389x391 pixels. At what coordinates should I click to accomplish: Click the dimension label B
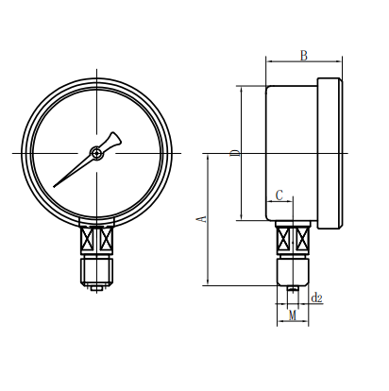tap(303, 56)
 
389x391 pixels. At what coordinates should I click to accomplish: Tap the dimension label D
tap(235, 153)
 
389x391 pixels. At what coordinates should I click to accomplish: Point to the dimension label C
tap(279, 195)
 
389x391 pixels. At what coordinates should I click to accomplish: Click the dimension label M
tap(293, 315)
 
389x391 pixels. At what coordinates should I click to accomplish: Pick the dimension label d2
tap(316, 297)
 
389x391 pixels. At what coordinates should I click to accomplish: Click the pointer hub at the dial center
tap(96, 153)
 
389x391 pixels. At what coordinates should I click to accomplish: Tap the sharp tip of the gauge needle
tap(54, 187)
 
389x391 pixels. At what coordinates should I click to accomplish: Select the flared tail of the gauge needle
tap(113, 140)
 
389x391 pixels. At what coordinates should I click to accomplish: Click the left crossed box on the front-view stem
tap(88, 238)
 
